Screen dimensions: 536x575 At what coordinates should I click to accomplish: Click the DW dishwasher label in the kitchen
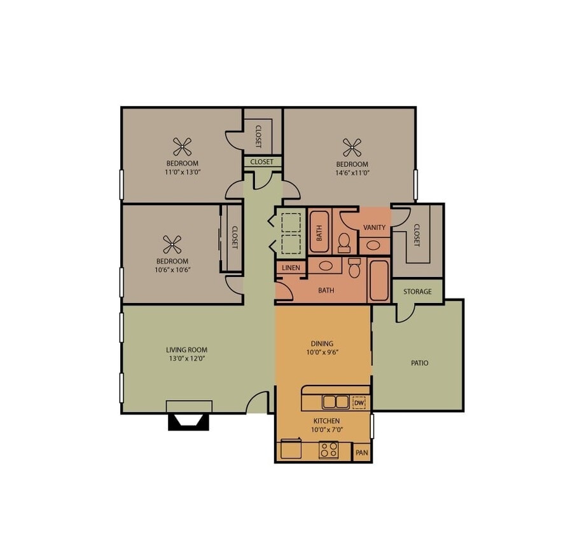pyautogui.click(x=359, y=403)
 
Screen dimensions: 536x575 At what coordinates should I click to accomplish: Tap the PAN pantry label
pyautogui.click(x=362, y=453)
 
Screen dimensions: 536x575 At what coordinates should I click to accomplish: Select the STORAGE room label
pyautogui.click(x=417, y=291)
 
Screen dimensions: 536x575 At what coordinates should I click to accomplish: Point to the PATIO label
pyautogui.click(x=419, y=363)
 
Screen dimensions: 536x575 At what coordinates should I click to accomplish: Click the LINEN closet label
pyautogui.click(x=291, y=268)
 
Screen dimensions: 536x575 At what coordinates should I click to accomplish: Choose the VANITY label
pyautogui.click(x=374, y=227)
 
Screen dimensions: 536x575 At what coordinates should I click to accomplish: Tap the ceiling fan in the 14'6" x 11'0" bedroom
pyautogui.click(x=352, y=147)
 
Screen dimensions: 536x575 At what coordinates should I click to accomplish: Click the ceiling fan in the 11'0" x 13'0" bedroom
pyautogui.click(x=183, y=147)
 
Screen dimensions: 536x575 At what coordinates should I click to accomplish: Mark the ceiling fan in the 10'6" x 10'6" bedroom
pyautogui.click(x=172, y=245)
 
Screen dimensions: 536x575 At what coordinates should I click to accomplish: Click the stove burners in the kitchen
pyautogui.click(x=328, y=450)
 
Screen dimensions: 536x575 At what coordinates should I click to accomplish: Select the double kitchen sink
pyautogui.click(x=335, y=402)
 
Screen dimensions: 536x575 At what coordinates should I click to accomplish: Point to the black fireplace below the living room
pyautogui.click(x=188, y=422)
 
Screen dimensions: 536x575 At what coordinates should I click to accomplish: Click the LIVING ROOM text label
pyautogui.click(x=186, y=350)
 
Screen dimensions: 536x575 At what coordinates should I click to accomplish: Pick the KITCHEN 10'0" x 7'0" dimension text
pyautogui.click(x=326, y=430)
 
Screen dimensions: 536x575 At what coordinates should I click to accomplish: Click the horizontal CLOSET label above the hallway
pyautogui.click(x=261, y=162)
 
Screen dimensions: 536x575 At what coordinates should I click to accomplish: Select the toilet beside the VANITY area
pyautogui.click(x=344, y=241)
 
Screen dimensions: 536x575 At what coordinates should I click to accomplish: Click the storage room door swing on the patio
pyautogui.click(x=406, y=312)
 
